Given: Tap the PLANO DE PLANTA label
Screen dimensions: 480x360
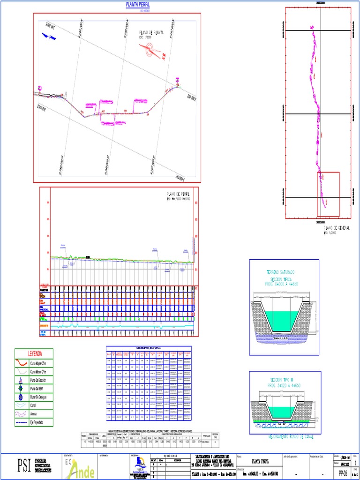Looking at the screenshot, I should click(151, 33).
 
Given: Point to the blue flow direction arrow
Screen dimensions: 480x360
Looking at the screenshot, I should click(47, 36).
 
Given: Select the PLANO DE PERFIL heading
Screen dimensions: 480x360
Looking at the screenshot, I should click(178, 193).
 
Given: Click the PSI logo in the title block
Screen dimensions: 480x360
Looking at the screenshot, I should click(23, 465).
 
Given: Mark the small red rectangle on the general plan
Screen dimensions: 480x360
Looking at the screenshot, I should click(329, 194).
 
